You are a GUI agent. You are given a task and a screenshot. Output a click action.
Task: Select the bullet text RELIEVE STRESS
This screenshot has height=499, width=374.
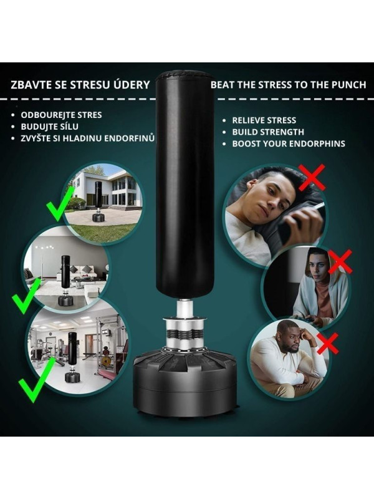coord(264,120)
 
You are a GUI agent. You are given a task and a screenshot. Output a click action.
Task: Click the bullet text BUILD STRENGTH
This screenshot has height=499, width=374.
coord(268,132)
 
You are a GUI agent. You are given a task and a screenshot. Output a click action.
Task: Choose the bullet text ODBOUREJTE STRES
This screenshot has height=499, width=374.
coord(61,115)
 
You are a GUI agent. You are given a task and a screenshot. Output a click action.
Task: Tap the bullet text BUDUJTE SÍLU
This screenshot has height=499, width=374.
coord(50,127)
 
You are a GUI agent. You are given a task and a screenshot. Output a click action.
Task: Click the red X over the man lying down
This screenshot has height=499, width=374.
coord(312,177)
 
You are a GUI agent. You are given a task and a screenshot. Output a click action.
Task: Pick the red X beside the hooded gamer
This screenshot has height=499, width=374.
coord(340,261)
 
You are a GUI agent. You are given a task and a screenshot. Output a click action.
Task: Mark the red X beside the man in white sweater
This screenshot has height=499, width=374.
coord(328,344)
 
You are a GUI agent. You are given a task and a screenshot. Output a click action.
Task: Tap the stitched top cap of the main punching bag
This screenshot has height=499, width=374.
coord(185,76)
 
